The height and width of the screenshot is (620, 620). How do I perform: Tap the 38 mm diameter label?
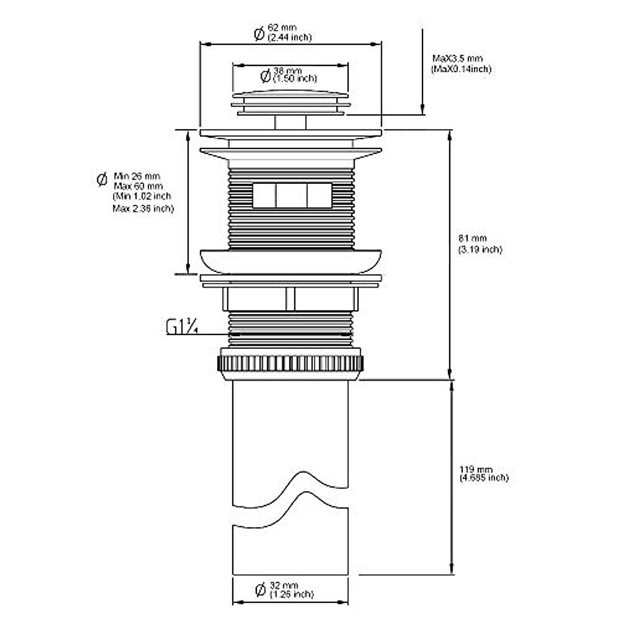[x=287, y=70]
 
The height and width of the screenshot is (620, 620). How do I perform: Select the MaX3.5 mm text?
[x=457, y=59]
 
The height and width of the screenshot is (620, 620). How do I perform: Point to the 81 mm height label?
[x=472, y=239]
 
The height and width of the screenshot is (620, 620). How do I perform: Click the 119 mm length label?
[x=476, y=469]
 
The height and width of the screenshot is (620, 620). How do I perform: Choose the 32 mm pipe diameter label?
[x=284, y=586]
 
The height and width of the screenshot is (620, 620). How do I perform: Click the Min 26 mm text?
[x=136, y=177]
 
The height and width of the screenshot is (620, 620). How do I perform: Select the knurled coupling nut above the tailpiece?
[x=290, y=364]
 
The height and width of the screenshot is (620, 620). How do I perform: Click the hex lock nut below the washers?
[x=290, y=299]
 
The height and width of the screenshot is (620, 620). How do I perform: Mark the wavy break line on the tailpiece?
[x=290, y=491]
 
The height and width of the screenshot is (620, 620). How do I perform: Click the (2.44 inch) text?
[x=289, y=37]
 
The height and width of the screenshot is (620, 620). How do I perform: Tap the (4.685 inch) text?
[x=484, y=478]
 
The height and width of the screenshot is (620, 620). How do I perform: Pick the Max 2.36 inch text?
[x=143, y=209]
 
